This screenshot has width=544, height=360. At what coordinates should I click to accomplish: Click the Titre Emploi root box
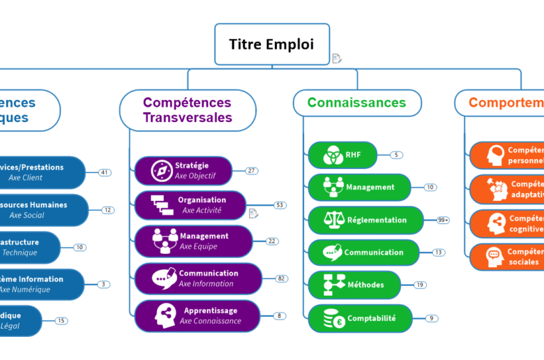point(271,45)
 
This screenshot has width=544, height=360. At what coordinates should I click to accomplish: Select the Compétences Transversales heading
point(188,110)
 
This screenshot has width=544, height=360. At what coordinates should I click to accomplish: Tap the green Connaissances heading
point(356,103)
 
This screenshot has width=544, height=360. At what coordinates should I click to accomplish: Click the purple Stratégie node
point(183,171)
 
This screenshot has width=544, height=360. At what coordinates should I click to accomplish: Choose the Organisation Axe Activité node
point(190,205)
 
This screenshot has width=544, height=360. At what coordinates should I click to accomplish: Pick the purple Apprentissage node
point(197,315)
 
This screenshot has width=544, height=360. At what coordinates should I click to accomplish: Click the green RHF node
point(342,155)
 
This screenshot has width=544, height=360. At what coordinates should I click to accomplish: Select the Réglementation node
point(365,220)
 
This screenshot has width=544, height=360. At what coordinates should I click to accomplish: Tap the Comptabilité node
point(360,319)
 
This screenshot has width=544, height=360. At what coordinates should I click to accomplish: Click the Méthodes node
point(355,285)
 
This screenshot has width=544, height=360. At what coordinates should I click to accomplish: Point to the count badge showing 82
point(282,278)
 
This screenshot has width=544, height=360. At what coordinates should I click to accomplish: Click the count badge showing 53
point(280,205)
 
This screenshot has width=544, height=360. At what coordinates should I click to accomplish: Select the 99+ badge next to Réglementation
point(442,220)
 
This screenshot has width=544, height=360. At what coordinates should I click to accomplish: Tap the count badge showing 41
point(105,172)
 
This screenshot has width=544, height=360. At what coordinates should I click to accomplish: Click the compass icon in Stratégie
point(162,171)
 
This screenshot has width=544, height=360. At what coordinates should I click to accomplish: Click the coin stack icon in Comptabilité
point(331,320)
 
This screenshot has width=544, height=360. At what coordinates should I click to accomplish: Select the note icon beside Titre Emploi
point(337,59)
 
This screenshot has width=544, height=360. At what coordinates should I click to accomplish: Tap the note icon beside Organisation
point(254,213)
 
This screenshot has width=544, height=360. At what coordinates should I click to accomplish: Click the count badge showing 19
point(420,285)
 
